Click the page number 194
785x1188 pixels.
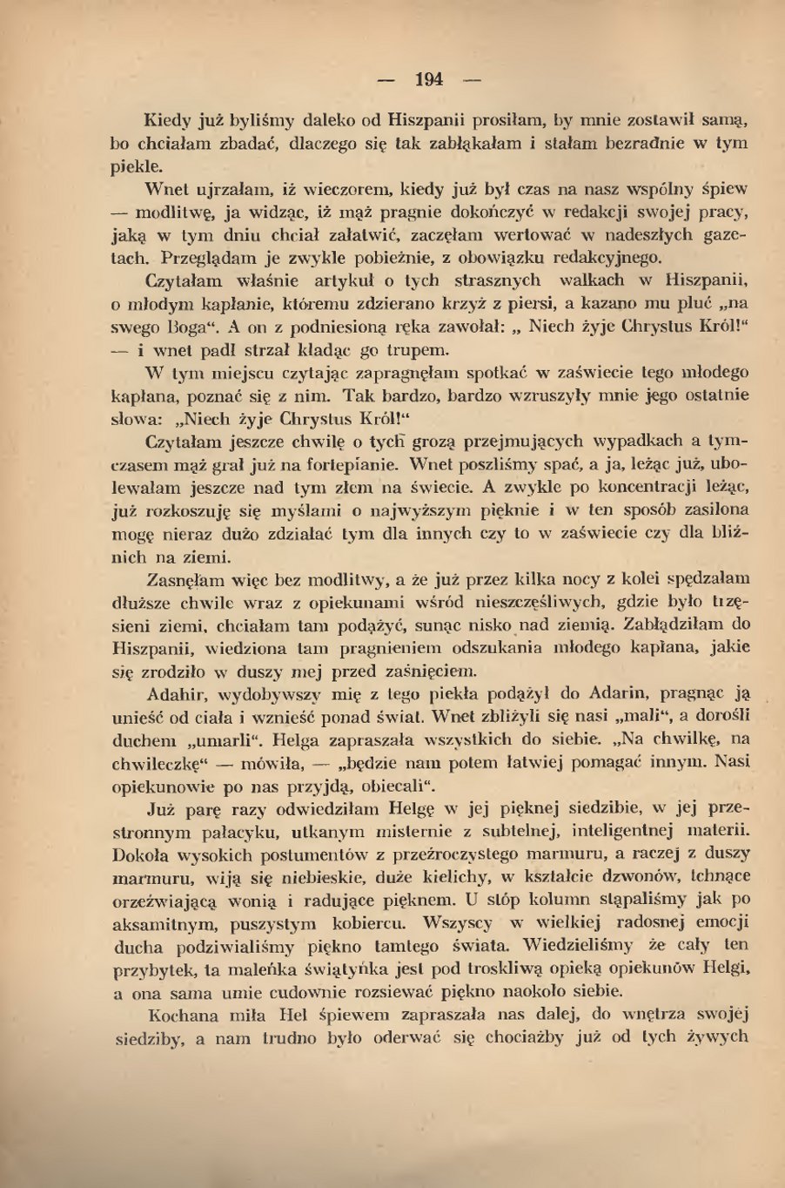click(x=429, y=80)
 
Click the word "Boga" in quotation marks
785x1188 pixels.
click(x=185, y=328)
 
